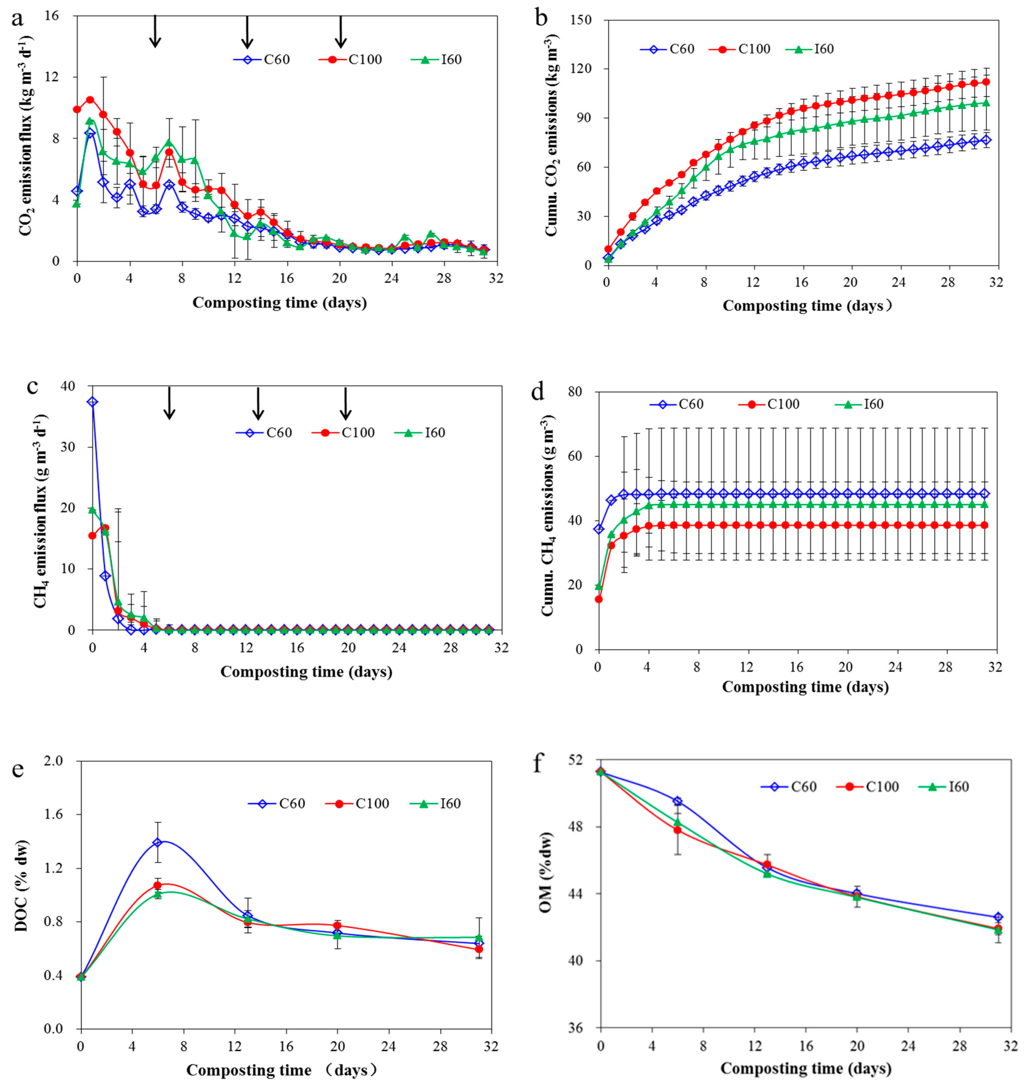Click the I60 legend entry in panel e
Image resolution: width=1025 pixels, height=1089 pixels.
pos(435,803)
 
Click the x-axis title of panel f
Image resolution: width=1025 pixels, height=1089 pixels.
pos(806,1068)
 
